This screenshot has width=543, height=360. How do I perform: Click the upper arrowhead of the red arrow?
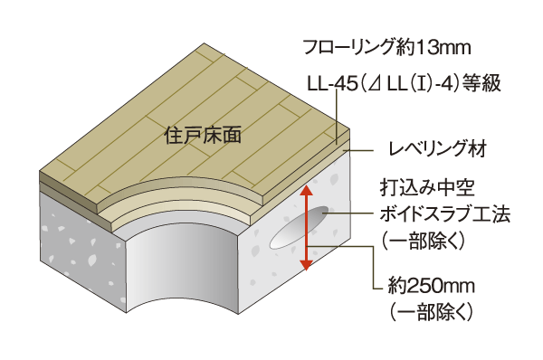pyautogui.click(x=308, y=190)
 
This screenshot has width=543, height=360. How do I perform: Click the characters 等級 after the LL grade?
pyautogui.click(x=481, y=84)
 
